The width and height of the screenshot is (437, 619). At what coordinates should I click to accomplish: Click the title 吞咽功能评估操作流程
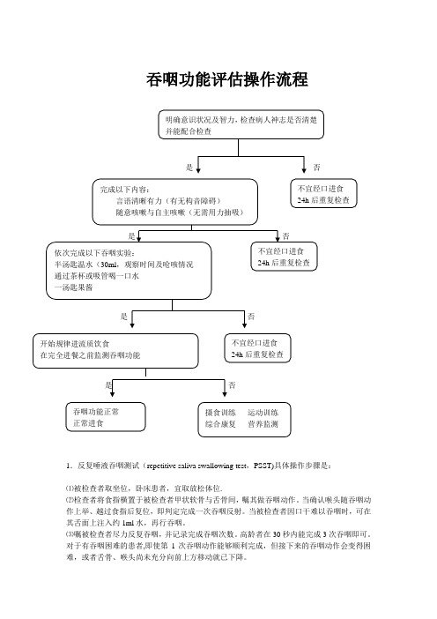pos(226,79)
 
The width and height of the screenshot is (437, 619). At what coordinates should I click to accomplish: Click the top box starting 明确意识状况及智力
pos(241,124)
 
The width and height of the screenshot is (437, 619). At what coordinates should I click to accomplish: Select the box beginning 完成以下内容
pos(175,202)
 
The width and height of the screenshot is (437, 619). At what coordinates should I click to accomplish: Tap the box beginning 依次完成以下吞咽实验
pos(129,271)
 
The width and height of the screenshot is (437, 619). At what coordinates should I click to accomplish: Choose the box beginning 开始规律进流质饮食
pos(115,351)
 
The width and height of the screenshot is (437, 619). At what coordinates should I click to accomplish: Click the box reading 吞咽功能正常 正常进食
pos(106,417)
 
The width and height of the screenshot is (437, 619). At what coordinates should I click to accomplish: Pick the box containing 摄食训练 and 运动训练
pos(245,420)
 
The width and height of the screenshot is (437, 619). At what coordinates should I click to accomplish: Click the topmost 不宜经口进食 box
pos(323,193)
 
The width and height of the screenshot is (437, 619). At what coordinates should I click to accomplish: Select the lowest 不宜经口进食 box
pos(257,348)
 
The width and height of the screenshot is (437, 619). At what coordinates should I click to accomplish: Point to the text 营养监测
pos(263,424)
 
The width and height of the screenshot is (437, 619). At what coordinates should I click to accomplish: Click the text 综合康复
pos(220,424)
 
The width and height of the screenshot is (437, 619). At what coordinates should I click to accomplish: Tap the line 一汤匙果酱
pos(74,287)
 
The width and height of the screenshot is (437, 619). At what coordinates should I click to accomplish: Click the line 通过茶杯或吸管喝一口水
pos(97,276)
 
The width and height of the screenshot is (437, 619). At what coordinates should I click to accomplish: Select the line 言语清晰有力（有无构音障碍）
pos(168,201)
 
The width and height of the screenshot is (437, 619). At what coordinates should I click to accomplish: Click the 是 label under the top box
pos(189,168)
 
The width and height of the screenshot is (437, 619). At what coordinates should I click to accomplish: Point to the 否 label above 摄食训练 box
pos(232,385)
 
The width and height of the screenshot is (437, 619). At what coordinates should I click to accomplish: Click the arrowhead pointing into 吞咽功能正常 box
pos(113,394)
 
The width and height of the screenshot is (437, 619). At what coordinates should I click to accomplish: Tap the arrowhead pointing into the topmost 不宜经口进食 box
pos(304,170)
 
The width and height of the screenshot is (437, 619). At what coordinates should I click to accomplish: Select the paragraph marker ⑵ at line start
pos(70,500)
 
